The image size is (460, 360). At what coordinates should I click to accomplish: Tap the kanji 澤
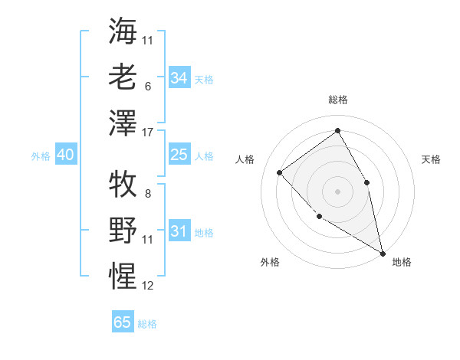point(123,123)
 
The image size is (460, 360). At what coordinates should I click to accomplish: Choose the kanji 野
point(123,230)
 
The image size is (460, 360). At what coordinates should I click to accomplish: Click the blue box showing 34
point(179,77)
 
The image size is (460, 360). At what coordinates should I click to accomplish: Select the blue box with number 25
point(179,155)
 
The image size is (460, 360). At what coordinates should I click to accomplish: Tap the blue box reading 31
point(179,231)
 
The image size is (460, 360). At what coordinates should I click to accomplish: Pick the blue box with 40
point(65,155)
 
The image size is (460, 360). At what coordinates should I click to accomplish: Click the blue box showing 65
point(123,322)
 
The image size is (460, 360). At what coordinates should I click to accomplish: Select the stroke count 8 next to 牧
point(147,194)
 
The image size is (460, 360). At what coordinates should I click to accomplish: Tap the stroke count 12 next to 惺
point(149,286)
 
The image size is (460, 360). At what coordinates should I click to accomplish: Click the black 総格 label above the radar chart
point(337,100)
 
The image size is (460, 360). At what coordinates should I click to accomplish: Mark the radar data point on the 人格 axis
point(280,172)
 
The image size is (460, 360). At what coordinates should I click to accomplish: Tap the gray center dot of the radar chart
point(337,191)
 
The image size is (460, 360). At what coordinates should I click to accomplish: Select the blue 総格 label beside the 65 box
point(147,324)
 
